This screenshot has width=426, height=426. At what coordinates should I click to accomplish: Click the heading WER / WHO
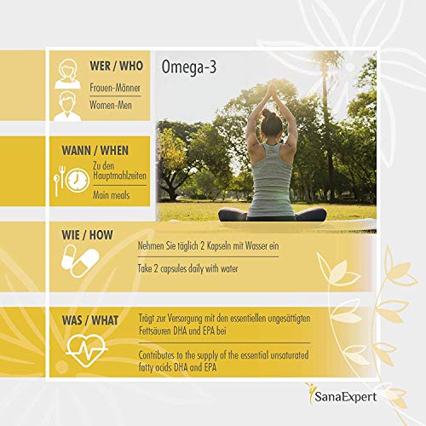(116, 65)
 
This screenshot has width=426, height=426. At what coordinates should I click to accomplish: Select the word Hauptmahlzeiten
(123, 176)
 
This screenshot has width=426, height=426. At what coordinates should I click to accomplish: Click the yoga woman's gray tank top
(271, 175)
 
